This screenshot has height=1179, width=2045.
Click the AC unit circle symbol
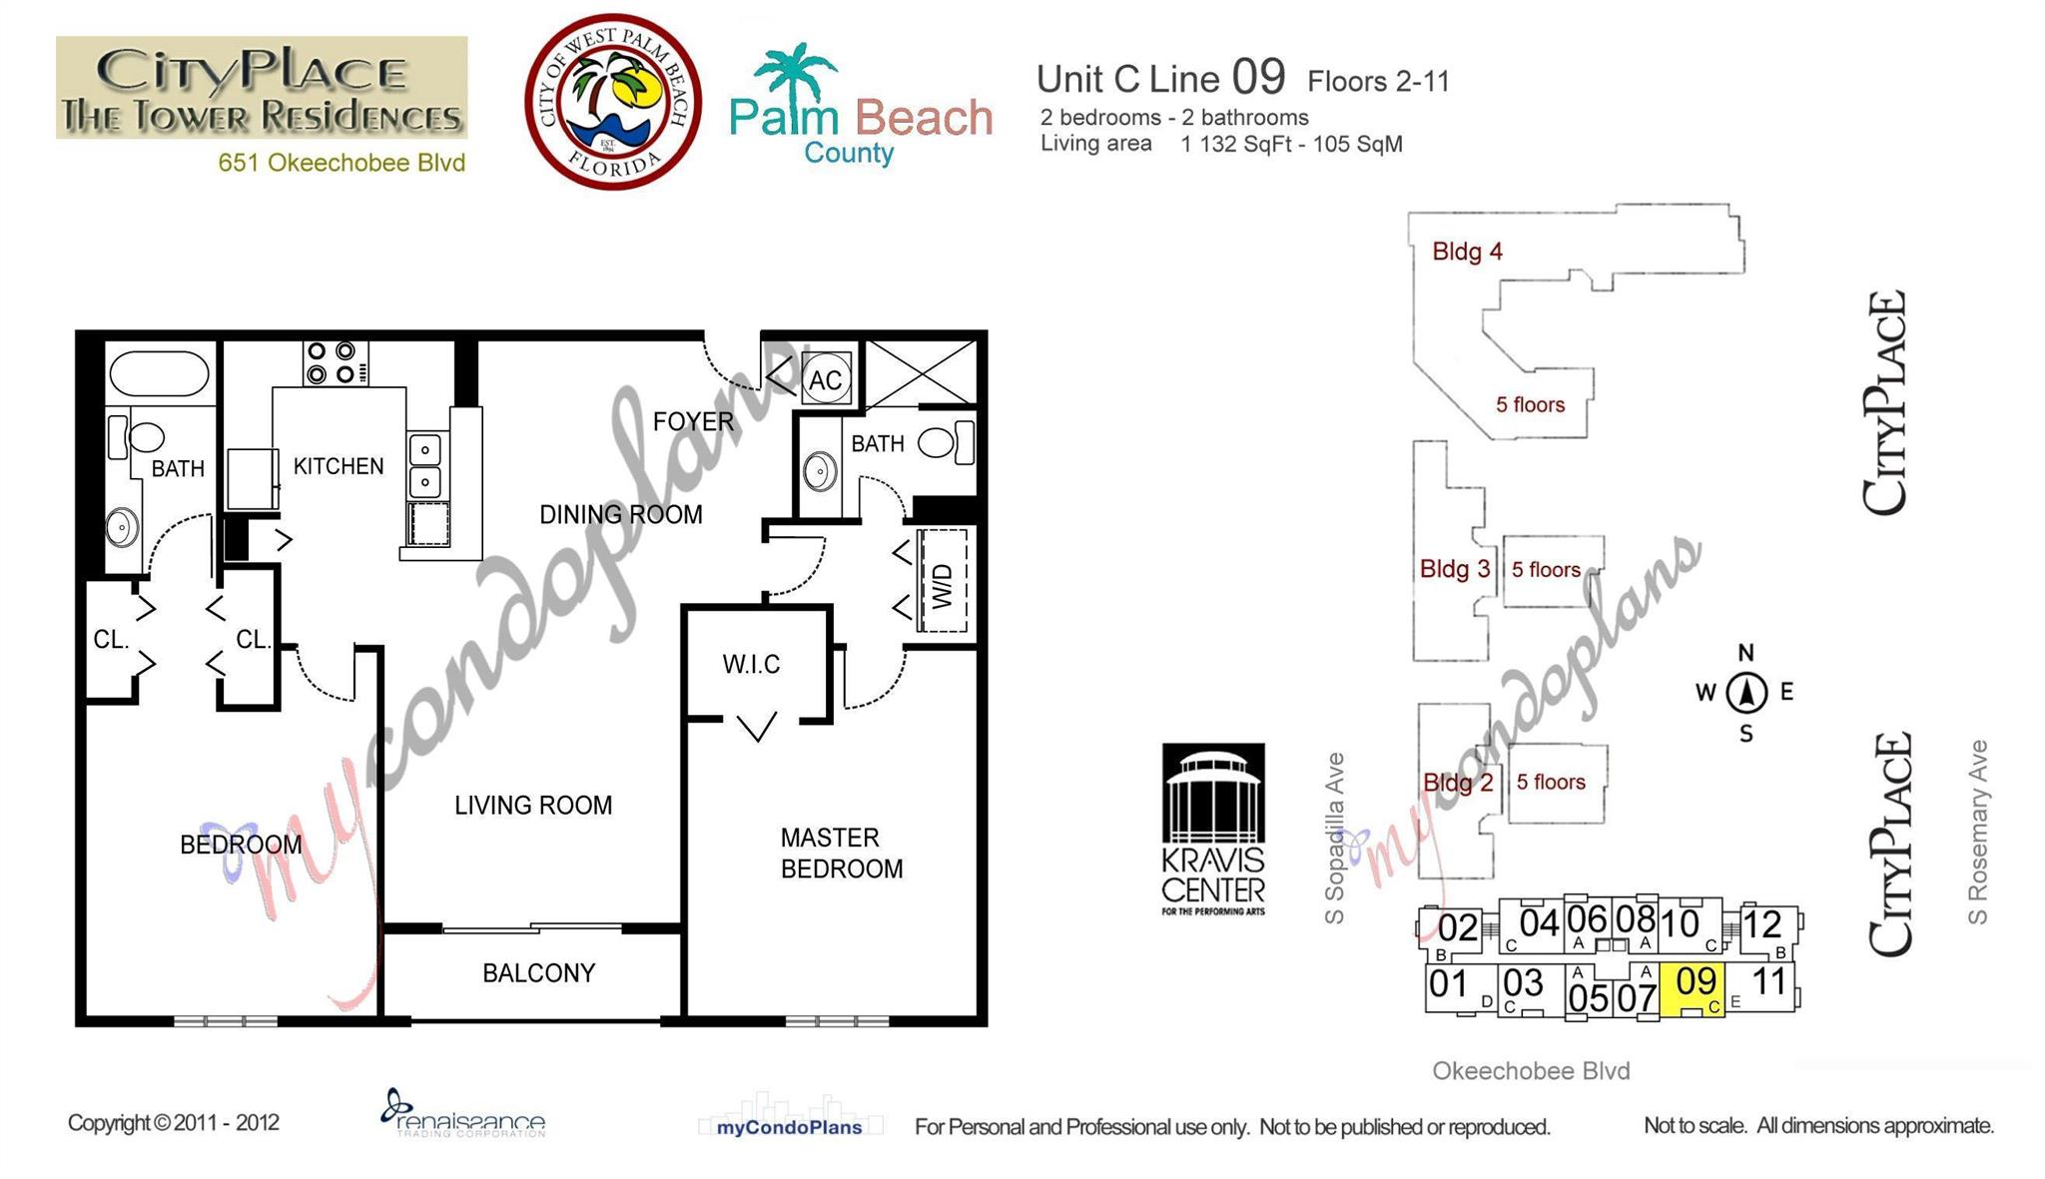[826, 379]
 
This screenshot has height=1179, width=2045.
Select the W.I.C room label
[751, 665]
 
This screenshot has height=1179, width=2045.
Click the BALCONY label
[538, 973]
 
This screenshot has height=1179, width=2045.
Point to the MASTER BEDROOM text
[841, 854]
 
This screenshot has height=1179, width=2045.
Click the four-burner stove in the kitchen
[333, 363]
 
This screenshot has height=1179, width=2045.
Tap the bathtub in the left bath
[160, 374]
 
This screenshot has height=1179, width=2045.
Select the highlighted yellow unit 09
[1694, 988]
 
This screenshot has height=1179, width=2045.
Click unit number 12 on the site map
[1762, 924]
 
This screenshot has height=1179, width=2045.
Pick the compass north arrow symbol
[1746, 692]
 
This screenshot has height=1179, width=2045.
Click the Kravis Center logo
[1213, 829]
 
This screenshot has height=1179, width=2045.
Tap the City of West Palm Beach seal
[613, 102]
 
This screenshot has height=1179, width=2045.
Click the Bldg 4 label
[1467, 252]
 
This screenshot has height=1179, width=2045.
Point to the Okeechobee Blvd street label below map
[1531, 1071]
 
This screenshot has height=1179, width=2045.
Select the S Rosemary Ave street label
[1978, 832]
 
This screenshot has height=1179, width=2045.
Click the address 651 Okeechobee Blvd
[341, 164]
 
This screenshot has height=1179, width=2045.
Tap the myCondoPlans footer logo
[789, 1127]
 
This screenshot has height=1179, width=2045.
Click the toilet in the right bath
[941, 442]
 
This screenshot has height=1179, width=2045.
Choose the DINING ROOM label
[620, 515]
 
